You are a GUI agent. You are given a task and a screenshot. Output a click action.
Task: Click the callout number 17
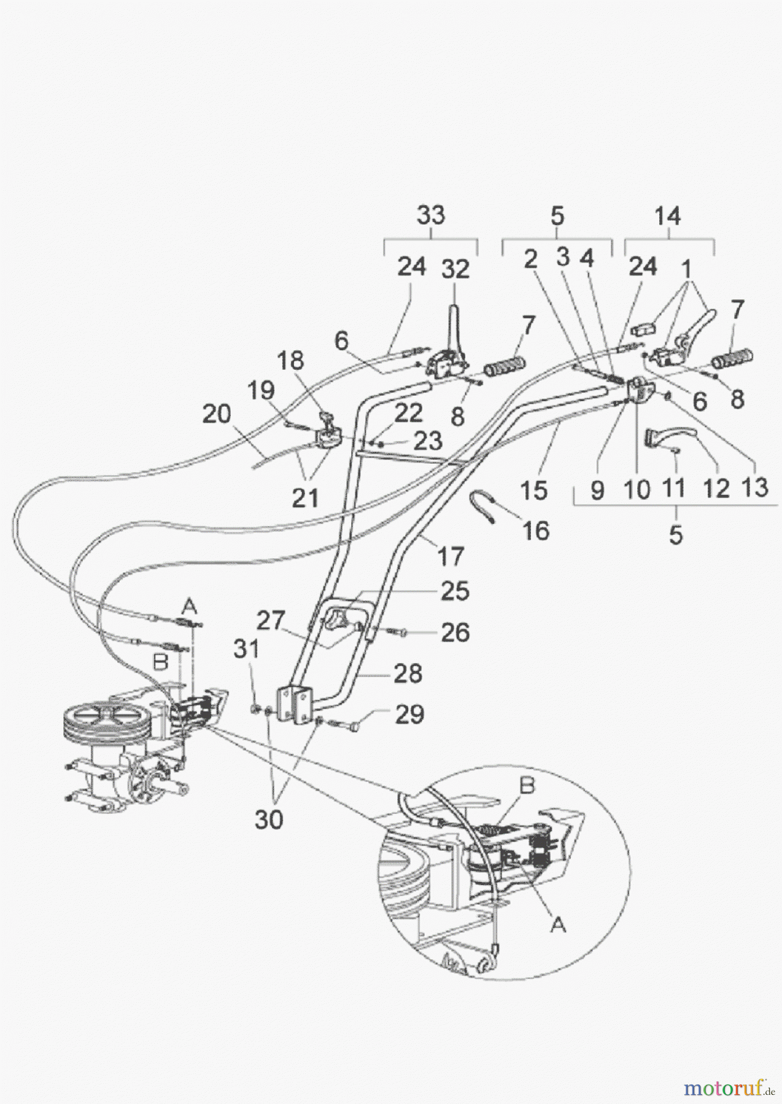(451, 557)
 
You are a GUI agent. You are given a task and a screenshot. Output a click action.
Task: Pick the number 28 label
(408, 673)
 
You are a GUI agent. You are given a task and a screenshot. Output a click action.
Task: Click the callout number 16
(536, 531)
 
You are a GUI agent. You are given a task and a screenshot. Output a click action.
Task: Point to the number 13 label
(754, 488)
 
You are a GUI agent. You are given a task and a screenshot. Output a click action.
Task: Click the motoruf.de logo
(728, 1087)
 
